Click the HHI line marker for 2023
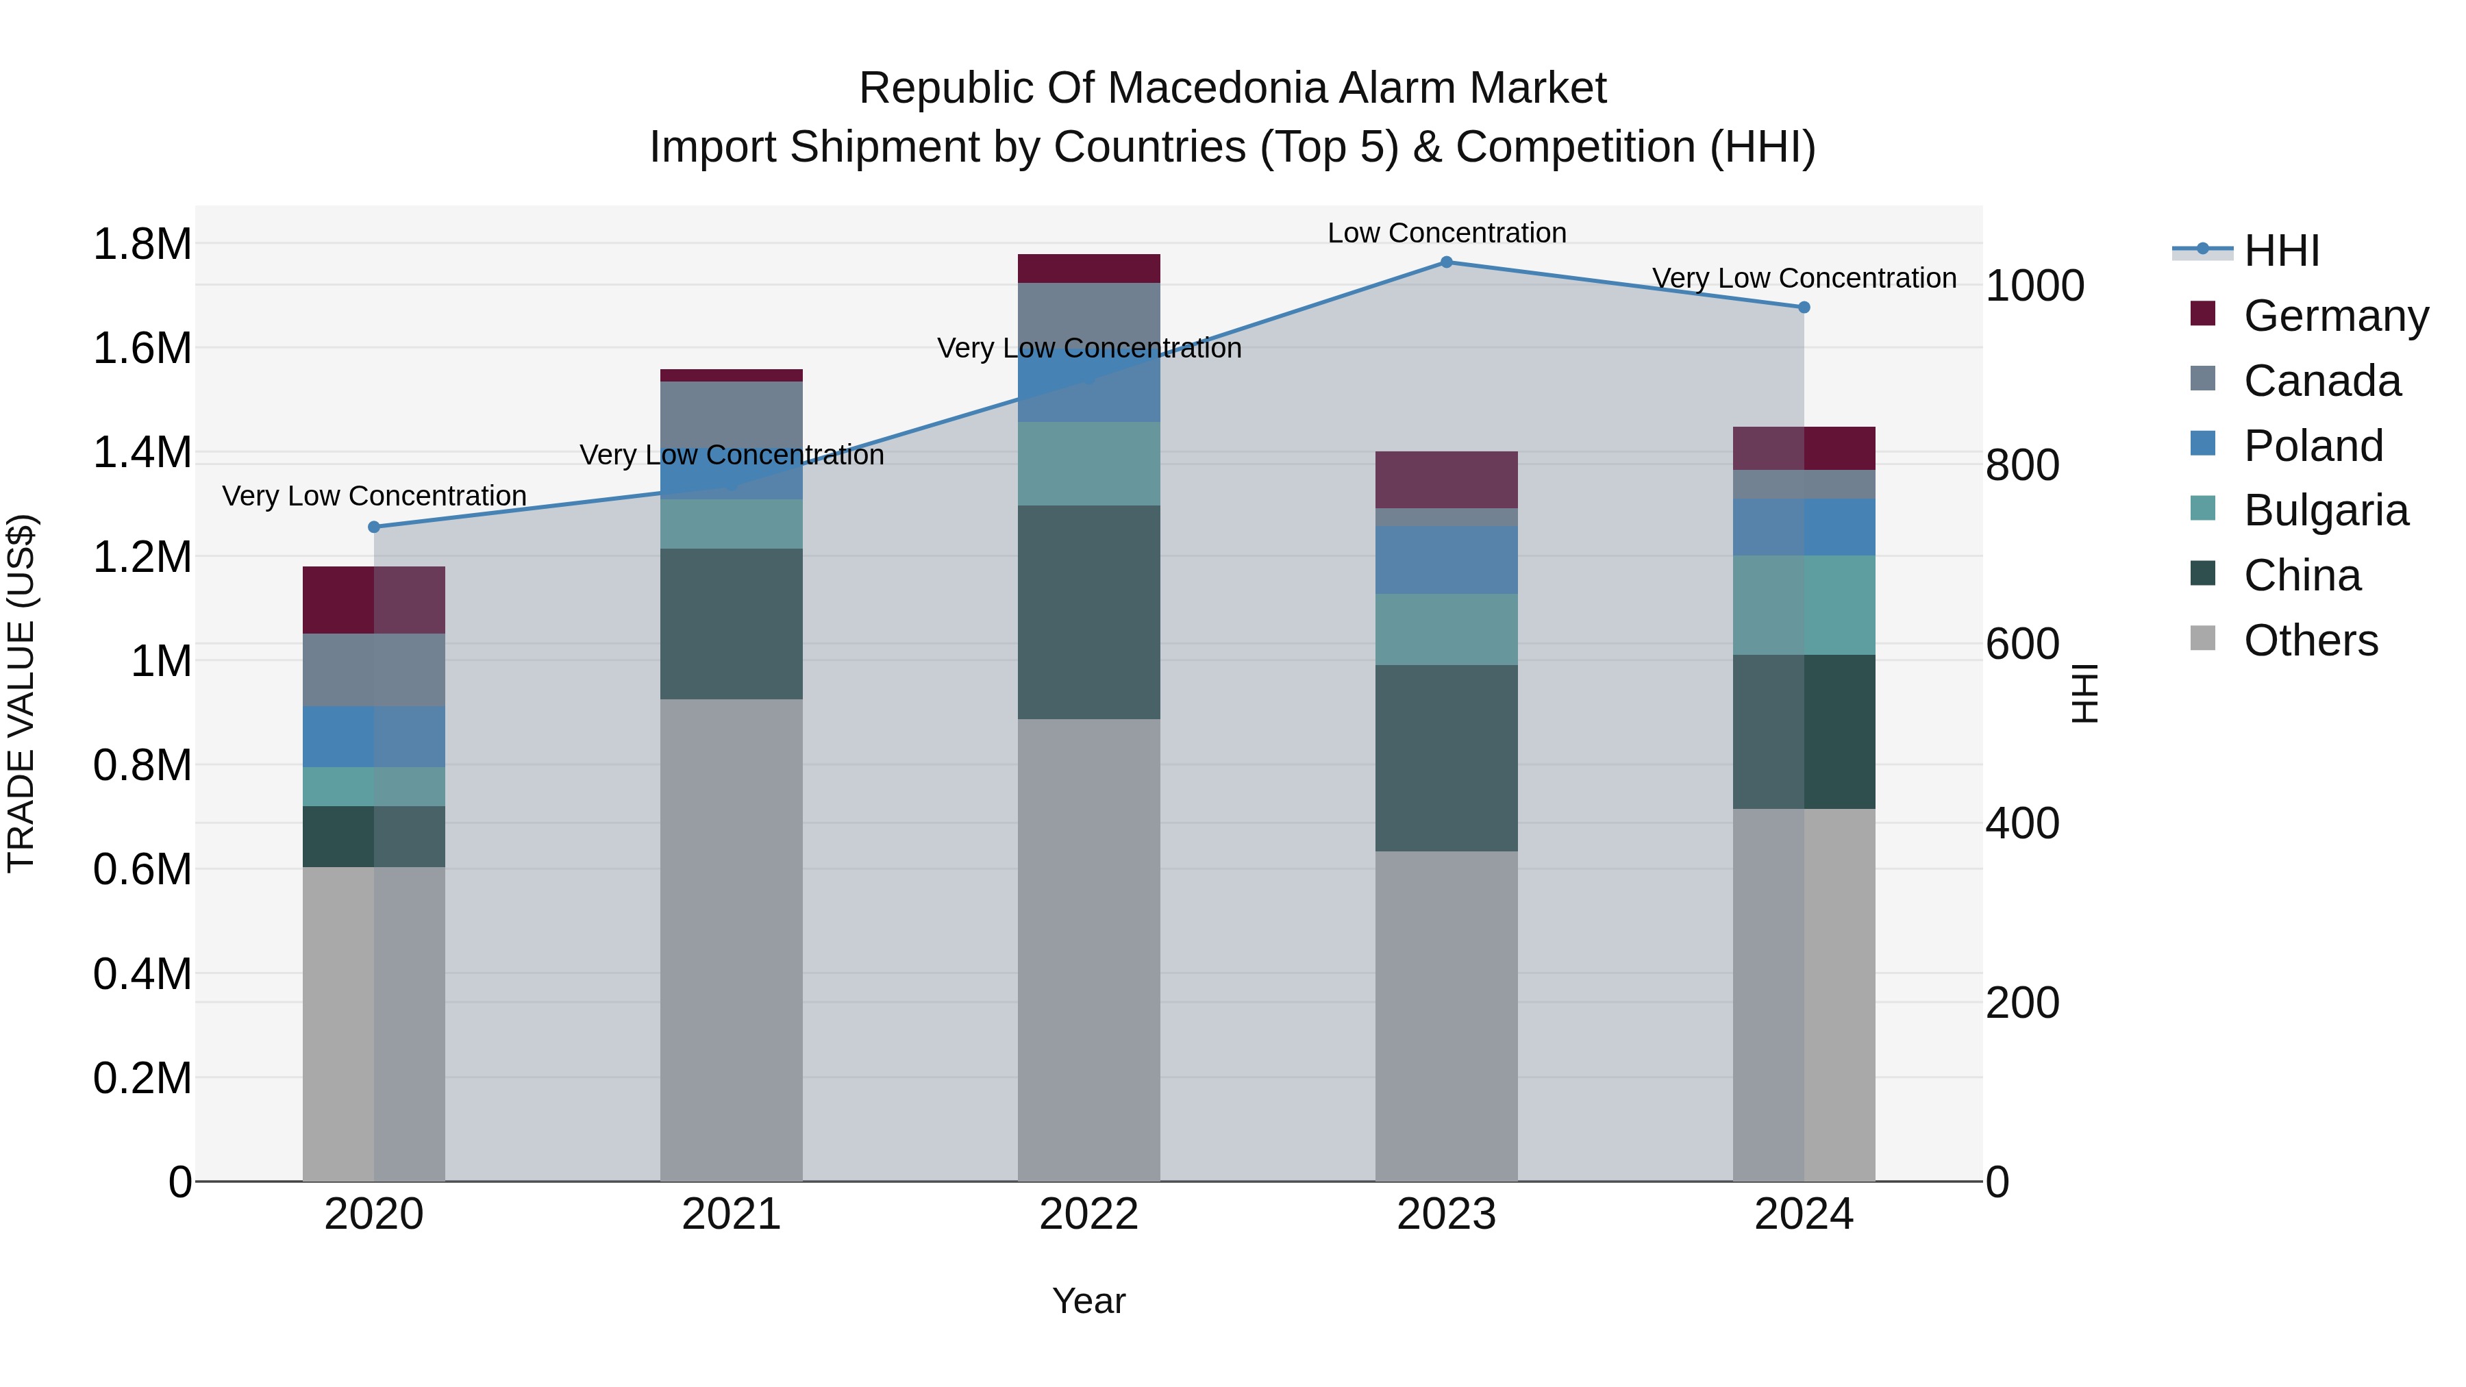1447,262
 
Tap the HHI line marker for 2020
374,527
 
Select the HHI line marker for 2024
1804,308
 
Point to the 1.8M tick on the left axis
142,244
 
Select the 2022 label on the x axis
1088,1214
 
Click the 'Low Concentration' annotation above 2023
1447,233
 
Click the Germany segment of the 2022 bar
1088,269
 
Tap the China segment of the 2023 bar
1447,758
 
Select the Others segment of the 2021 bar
732,940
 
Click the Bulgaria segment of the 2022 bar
1088,464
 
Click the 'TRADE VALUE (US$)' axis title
22,693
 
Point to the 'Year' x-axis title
1088,1302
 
